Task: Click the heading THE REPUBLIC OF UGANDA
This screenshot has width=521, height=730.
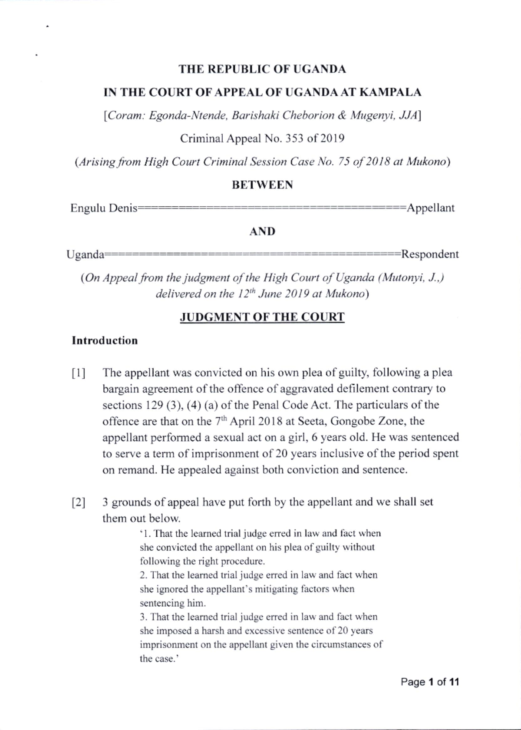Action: [x=263, y=69]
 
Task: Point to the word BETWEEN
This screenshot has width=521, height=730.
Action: [x=262, y=185]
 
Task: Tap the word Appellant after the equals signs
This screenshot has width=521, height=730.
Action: [x=430, y=208]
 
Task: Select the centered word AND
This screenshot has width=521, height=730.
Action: [x=262, y=231]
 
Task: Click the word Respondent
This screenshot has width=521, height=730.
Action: [x=430, y=254]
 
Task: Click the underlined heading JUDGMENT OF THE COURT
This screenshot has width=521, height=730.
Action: [x=262, y=317]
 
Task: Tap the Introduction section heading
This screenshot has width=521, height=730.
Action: [x=105, y=340]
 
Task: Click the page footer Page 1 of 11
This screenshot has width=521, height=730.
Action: [x=429, y=682]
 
